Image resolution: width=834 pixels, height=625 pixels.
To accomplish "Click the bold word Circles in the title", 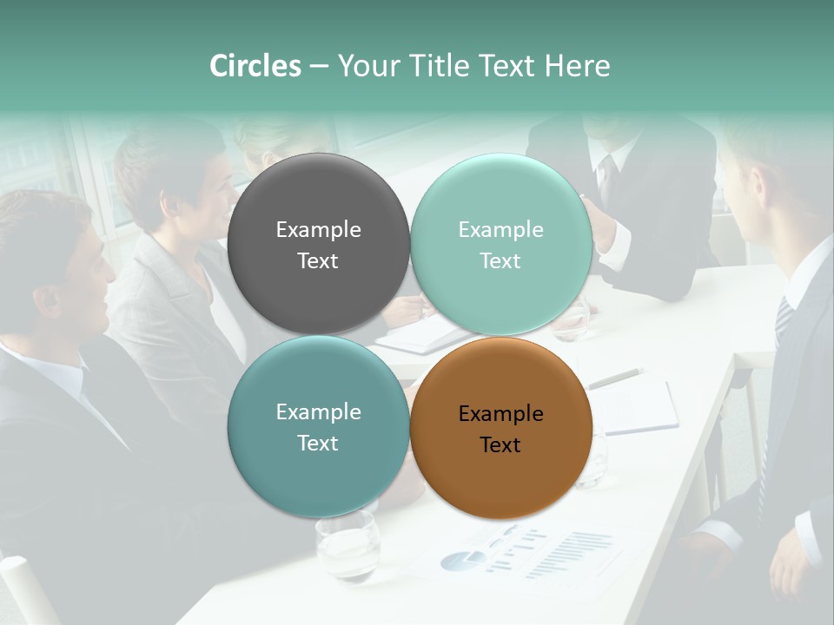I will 255,66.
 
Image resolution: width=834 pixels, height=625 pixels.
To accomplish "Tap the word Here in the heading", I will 577,66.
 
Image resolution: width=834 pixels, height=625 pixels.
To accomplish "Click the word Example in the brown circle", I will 501,414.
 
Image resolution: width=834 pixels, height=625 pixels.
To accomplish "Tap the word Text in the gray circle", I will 318,261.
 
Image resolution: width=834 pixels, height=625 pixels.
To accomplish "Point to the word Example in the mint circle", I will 501,230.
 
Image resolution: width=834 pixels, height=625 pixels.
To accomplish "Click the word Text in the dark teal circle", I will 318,444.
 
